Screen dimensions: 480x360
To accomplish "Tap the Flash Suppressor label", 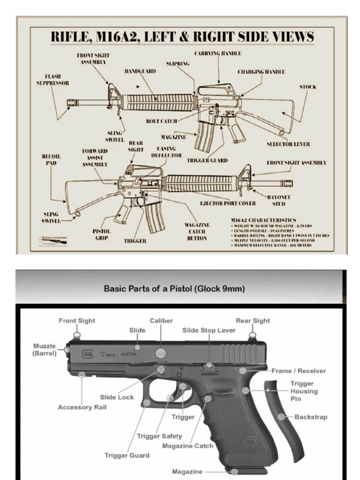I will [x=53, y=80].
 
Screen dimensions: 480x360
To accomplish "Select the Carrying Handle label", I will [x=217, y=53].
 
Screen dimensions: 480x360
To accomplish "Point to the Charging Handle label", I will [x=261, y=72].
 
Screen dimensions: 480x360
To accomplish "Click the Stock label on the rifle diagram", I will [x=307, y=87].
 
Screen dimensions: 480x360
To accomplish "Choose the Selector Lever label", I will [x=288, y=144].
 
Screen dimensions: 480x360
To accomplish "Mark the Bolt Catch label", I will [x=161, y=121].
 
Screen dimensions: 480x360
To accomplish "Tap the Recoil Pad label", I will [x=51, y=159].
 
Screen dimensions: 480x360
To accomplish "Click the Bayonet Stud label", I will [x=279, y=201].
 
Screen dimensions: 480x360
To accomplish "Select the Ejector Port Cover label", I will [x=228, y=203].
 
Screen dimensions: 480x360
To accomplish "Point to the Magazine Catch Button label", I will [x=197, y=232].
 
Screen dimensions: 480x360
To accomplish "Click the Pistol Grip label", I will [x=102, y=234].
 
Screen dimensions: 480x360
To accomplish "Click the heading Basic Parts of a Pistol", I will [x=174, y=289].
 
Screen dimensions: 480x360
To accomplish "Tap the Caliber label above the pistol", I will [x=161, y=321].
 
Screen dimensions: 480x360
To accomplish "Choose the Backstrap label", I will [x=311, y=417].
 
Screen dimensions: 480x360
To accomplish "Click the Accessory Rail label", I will [x=82, y=407].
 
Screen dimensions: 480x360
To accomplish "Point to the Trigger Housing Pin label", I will [x=304, y=391].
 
